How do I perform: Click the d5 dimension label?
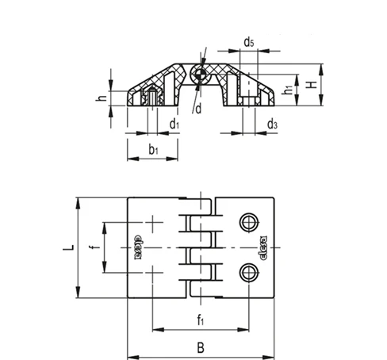[x=249, y=42]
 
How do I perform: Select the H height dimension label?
[x=312, y=85]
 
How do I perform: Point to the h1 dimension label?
[x=288, y=89]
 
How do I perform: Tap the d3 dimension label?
[x=272, y=124]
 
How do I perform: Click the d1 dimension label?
[x=174, y=124]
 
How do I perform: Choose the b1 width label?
[x=153, y=150]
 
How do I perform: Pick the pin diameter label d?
[x=198, y=109]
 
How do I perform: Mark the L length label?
[x=68, y=247]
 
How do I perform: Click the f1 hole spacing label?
[x=201, y=320]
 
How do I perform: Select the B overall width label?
[x=201, y=347]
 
